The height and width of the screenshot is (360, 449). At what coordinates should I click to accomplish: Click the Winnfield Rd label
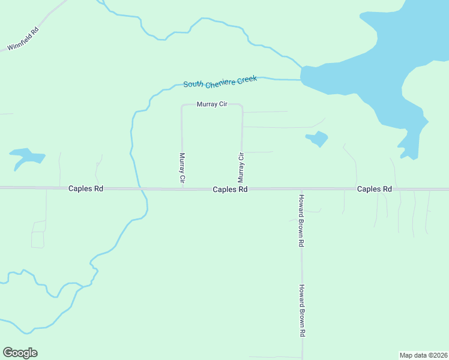pyautogui.click(x=23, y=38)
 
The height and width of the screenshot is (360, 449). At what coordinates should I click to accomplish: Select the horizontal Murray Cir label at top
pyautogui.click(x=212, y=104)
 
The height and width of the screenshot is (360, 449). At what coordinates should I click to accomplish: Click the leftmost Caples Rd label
pyautogui.click(x=85, y=188)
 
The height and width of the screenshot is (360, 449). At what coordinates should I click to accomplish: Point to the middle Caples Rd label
pyautogui.click(x=230, y=189)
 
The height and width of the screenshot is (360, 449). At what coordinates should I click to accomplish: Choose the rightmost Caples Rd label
pyautogui.click(x=374, y=189)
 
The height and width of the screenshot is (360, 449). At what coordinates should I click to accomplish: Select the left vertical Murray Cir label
pyautogui.click(x=182, y=168)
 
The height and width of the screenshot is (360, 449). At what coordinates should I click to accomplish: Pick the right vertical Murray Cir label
pyautogui.click(x=241, y=168)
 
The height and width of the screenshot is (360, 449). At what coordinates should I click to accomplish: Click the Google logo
pyautogui.click(x=20, y=353)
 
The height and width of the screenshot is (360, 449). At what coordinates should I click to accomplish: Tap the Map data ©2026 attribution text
pyautogui.click(x=423, y=355)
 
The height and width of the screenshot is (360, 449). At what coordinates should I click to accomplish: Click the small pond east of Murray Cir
pyautogui.click(x=318, y=139)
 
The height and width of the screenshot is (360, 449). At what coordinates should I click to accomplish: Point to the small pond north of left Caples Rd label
pyautogui.click(x=27, y=157)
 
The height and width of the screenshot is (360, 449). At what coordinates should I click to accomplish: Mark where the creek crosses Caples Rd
pyautogui.click(x=142, y=189)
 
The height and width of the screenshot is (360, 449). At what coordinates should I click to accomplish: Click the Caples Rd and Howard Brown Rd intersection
pyautogui.click(x=302, y=189)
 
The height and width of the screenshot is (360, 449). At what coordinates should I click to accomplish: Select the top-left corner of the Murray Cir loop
pyautogui.click(x=182, y=106)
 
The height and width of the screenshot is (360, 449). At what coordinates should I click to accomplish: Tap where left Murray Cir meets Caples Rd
pyautogui.click(x=182, y=188)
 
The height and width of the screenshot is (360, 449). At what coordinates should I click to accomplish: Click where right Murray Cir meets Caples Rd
pyautogui.click(x=242, y=188)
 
